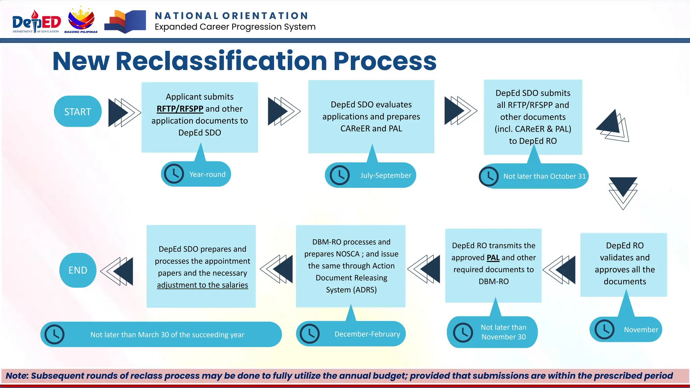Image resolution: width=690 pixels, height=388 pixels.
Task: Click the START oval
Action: point(77,111)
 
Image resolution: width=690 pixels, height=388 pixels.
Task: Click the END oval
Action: point(78,270)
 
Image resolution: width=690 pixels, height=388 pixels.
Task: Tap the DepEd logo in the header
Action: point(36,22)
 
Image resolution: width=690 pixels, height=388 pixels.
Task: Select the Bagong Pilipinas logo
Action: point(81,20)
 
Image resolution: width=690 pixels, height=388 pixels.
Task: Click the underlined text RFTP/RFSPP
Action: point(180,109)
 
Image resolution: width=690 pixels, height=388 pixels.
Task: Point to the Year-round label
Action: point(207,174)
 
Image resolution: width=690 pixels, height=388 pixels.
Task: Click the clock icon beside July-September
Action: point(340,175)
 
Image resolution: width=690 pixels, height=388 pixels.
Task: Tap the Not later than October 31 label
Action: point(544,176)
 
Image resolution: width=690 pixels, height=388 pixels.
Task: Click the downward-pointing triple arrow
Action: point(623,193)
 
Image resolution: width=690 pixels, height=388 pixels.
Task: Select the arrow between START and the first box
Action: point(124,112)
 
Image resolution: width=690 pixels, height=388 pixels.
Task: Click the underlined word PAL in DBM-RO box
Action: point(493,258)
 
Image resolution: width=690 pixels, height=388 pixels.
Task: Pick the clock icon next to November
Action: point(604,329)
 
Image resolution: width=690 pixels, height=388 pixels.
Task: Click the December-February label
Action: point(367,334)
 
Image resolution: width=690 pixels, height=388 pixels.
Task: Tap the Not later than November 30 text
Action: point(503,332)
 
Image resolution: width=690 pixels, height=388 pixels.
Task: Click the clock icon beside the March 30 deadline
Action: point(54,334)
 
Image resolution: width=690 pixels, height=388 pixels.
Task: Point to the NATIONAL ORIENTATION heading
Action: point(231,16)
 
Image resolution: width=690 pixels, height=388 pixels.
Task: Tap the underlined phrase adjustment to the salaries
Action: point(202,285)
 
